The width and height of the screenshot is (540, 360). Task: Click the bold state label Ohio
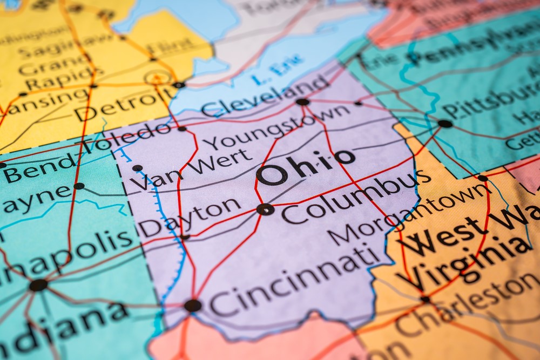306,165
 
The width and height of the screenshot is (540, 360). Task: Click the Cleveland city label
265,96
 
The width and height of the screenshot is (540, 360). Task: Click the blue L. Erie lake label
271,73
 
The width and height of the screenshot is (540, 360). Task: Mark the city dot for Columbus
265,209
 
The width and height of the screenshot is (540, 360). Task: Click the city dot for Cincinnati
192,305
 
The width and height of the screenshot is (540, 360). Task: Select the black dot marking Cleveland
302,101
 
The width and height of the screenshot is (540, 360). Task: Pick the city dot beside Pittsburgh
445,124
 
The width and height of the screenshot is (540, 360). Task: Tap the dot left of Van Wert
137,168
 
